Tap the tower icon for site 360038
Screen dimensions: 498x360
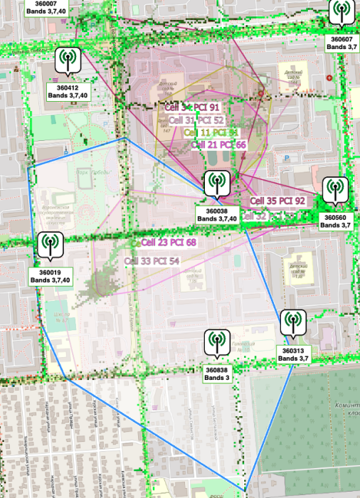tap(216, 183)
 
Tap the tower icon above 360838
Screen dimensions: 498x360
tap(216, 342)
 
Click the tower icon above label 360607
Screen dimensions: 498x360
tap(340, 12)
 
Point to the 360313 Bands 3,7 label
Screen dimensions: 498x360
tap(292, 354)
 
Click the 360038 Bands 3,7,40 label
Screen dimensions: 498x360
tap(216, 215)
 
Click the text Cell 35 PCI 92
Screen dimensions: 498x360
tap(277, 201)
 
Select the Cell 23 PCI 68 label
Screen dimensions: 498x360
tap(168, 243)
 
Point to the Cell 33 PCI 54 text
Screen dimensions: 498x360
tap(152, 261)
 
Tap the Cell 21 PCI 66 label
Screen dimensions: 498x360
tap(218, 144)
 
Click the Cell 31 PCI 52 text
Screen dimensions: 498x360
tap(196, 120)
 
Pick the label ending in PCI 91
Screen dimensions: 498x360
tap(193, 107)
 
